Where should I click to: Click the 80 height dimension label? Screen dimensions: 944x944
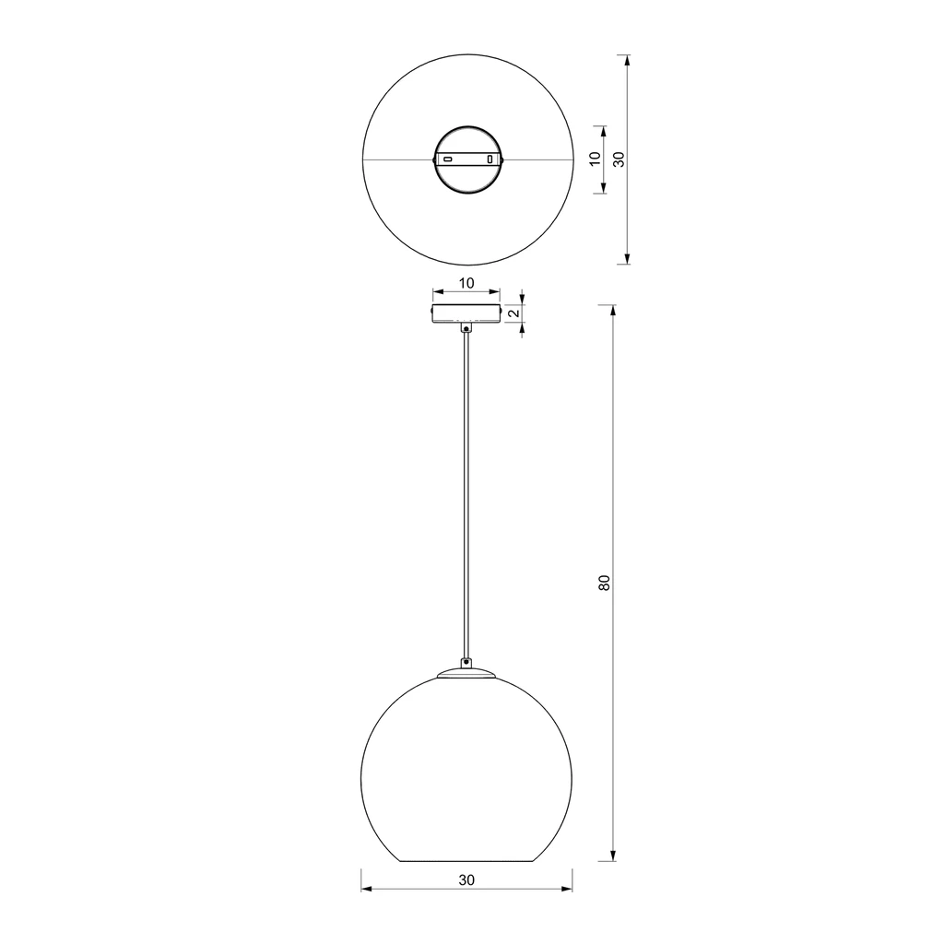click(x=605, y=583)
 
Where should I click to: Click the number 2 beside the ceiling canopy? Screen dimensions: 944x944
click(x=514, y=313)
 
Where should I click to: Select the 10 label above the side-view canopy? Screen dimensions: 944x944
click(x=466, y=283)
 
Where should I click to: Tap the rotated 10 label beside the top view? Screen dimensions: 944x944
click(x=596, y=159)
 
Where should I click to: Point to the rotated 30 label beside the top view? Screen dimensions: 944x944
click(x=619, y=159)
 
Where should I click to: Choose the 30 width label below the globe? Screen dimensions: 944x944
click(x=466, y=879)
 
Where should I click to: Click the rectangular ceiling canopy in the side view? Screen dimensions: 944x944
click(x=466, y=313)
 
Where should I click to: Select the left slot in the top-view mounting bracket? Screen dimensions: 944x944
click(x=448, y=159)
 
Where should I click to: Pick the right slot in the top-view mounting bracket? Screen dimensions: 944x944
click(x=490, y=159)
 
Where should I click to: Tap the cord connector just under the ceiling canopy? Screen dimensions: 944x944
click(x=466, y=328)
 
